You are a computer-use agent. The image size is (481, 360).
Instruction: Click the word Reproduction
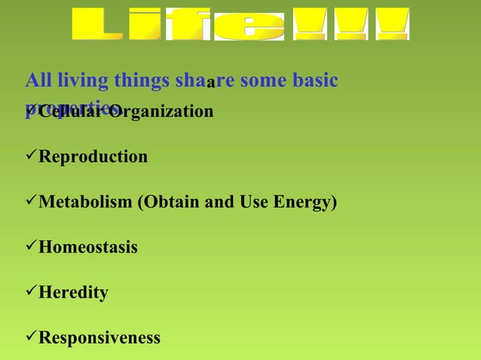point(93,157)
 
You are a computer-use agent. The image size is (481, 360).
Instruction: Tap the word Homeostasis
point(88,247)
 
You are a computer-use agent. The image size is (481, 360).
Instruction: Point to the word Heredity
point(73,292)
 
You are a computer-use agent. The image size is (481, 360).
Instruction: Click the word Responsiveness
point(100,337)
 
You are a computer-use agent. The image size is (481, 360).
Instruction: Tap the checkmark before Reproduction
point(31,157)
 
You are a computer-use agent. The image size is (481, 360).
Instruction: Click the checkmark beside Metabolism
point(31,202)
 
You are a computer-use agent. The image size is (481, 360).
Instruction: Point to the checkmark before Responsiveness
point(31,337)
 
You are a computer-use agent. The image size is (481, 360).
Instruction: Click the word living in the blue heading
point(81,81)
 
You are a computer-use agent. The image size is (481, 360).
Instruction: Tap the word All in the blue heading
point(38,81)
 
